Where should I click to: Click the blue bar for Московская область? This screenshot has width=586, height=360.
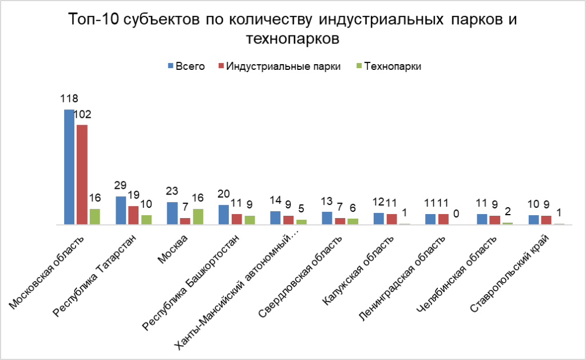coord(69,167)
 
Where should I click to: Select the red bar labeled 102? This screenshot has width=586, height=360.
coord(82,175)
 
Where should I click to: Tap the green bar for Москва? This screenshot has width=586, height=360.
coord(197,217)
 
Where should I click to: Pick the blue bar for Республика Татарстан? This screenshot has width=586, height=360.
coord(121,211)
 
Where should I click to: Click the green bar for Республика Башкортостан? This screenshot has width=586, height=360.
coord(250,220)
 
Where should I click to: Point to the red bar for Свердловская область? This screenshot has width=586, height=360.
coord(340,221)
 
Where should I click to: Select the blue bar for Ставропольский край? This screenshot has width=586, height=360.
coord(533,220)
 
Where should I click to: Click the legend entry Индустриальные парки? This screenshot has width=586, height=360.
coord(283,66)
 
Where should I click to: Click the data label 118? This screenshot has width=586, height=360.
coord(69,98)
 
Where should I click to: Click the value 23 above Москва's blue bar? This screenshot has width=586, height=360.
coord(172,191)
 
